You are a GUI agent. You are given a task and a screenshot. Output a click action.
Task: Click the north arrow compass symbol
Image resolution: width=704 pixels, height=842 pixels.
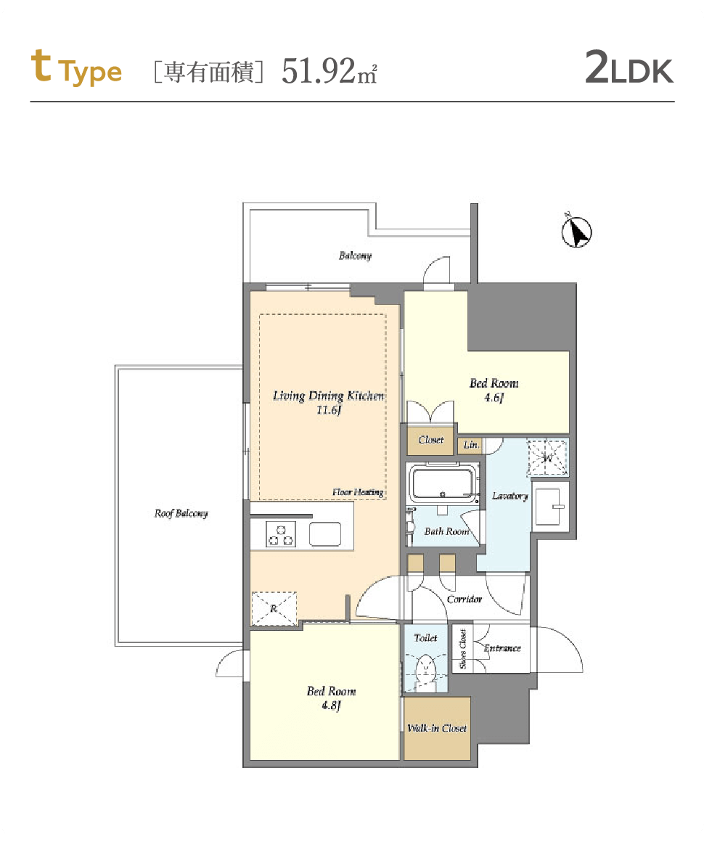576,232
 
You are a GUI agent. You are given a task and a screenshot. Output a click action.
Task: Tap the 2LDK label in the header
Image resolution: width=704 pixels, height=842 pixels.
629,68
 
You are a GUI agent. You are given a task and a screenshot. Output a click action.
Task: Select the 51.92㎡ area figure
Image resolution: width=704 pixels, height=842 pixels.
330,71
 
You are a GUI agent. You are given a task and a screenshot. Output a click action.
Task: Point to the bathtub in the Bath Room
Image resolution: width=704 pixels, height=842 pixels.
443,482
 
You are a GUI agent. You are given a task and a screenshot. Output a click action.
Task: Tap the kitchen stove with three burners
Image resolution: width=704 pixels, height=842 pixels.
280,534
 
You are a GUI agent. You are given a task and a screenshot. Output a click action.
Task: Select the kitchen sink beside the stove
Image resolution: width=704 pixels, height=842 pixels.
325,534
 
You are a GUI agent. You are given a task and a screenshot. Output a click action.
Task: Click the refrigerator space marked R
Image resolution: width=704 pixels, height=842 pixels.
274,608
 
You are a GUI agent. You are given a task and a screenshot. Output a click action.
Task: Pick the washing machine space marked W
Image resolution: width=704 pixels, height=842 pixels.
547,458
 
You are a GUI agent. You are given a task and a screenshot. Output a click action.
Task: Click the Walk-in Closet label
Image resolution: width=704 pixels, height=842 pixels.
437,728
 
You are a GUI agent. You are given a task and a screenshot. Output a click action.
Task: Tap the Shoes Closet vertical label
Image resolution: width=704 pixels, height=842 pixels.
462,649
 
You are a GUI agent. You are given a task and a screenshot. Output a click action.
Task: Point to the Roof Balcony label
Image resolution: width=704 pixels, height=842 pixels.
181,513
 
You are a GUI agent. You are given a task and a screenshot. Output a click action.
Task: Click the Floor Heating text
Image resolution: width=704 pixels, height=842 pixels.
358,492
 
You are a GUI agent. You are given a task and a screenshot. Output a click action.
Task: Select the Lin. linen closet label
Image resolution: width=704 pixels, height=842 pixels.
471,445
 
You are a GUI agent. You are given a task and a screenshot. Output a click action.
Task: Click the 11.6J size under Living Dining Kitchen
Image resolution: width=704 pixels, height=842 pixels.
329,410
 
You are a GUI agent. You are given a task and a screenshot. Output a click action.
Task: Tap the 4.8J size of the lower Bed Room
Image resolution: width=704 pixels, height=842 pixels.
332,705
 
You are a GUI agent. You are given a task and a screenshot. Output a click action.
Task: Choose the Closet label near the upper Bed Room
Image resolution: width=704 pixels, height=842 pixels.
430,440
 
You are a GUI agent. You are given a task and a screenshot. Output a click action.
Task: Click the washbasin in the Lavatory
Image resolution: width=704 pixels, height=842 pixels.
550,507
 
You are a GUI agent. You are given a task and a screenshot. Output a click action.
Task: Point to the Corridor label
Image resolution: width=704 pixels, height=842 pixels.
464,599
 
